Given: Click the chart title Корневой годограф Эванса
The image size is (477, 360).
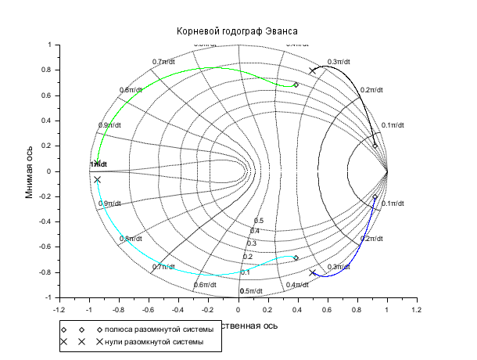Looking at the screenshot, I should [238, 31].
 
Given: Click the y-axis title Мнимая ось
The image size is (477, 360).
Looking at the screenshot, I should [30, 171].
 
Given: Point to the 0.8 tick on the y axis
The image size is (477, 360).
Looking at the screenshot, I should [46, 70].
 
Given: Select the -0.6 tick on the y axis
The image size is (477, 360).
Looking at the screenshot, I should [44, 247].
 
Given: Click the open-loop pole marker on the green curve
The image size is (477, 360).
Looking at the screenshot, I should [296, 85].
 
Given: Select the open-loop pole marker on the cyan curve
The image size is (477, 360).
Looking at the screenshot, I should [296, 257].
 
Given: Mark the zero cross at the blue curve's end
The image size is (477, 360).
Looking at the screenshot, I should [313, 272].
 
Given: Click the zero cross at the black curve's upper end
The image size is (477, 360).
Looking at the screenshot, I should [313, 70].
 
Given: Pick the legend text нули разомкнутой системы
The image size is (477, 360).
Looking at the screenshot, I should [154, 342].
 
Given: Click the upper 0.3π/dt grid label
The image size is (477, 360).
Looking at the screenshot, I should [339, 62].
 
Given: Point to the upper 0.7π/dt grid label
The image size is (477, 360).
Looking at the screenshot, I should [164, 62].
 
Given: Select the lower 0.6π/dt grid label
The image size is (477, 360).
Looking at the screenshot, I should [205, 284].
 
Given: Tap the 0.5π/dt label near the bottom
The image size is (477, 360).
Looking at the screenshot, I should [250, 291].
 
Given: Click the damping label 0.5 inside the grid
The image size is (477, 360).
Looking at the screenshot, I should [259, 221].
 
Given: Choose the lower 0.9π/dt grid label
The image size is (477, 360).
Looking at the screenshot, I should [109, 203].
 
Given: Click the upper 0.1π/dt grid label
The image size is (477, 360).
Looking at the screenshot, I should [393, 125].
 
